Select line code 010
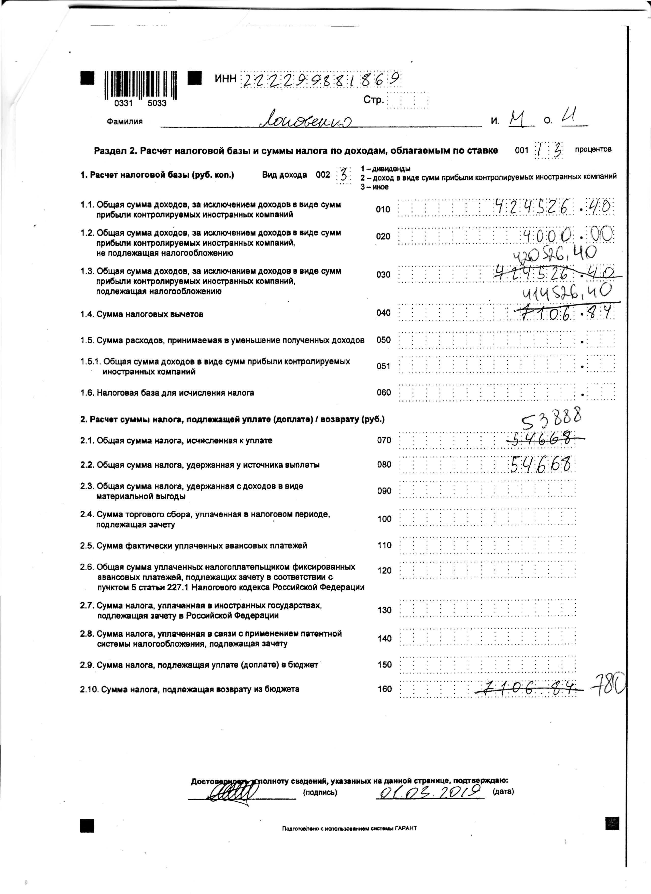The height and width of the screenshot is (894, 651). [383, 209]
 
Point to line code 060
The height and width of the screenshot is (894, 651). [384, 393]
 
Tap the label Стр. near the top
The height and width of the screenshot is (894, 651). [373, 100]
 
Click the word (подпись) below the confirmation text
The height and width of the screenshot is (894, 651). [320, 792]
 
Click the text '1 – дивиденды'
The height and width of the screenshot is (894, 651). [385, 169]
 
